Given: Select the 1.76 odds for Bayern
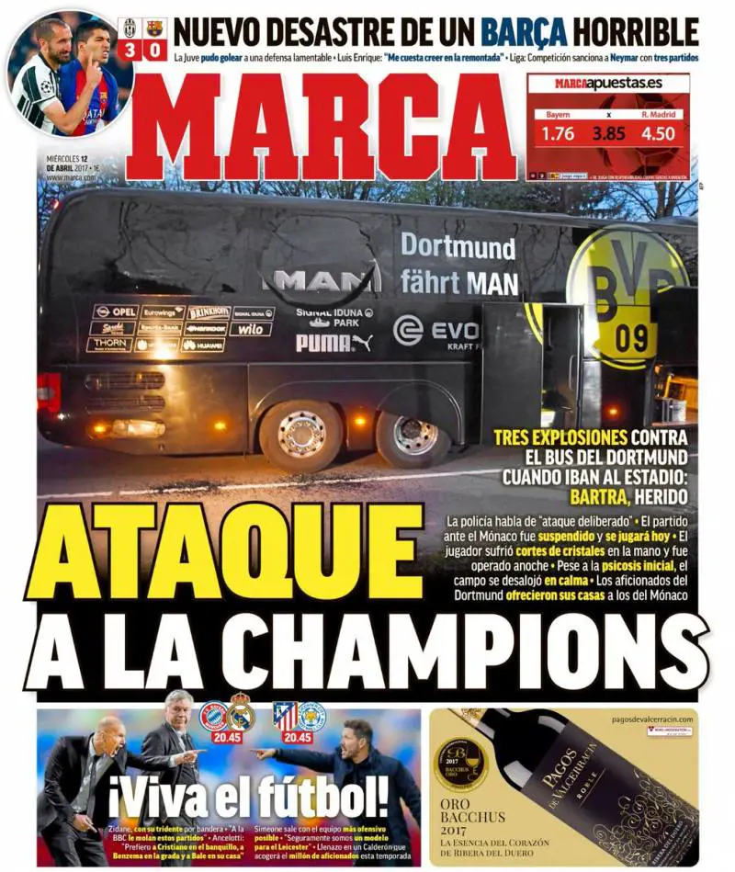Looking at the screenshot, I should pyautogui.click(x=558, y=133).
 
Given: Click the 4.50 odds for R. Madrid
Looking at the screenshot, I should pyautogui.click(x=658, y=133).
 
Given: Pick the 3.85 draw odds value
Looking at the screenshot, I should pyautogui.click(x=607, y=133).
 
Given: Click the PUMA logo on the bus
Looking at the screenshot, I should pyautogui.click(x=334, y=343).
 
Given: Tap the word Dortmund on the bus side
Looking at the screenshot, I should pyautogui.click(x=458, y=247).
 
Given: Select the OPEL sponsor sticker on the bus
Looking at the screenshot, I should pyautogui.click(x=114, y=312).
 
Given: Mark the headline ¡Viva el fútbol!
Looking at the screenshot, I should pyautogui.click(x=248, y=794).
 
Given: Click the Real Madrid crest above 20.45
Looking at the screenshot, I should pyautogui.click(x=241, y=713).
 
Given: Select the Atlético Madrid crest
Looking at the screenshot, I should pyautogui.click(x=285, y=714).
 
